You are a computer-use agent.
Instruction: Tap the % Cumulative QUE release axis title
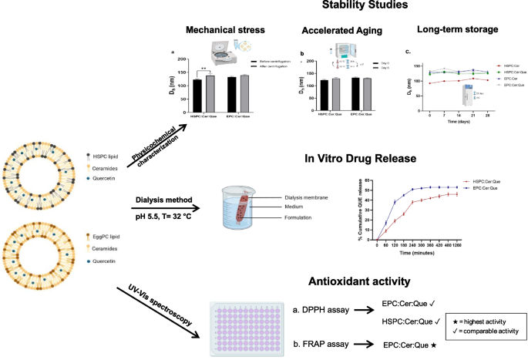coord(361,209)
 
